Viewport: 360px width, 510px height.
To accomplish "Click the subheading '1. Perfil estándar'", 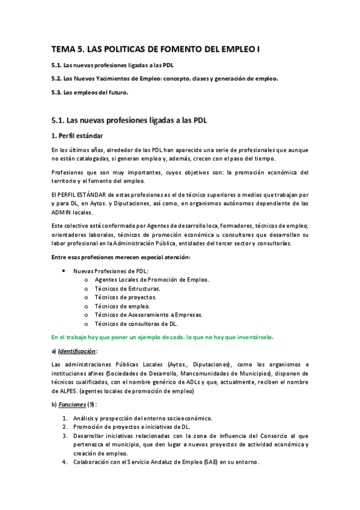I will pos(77,135).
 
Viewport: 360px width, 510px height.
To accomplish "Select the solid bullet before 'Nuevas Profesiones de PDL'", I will pos(80,271).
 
